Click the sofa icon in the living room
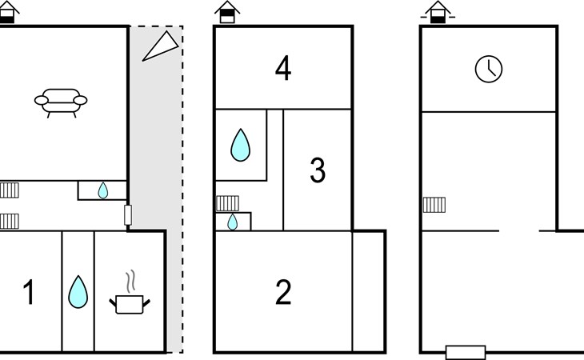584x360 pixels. tap(61, 102)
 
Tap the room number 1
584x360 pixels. tap(29, 294)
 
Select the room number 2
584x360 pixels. tap(283, 294)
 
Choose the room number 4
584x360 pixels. tap(282, 69)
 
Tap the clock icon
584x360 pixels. tap(488, 69)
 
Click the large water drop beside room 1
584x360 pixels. tap(78, 292)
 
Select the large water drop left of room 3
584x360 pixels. tap(240, 145)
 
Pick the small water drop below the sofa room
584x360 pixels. tap(102, 190)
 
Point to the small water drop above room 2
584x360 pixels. tap(232, 222)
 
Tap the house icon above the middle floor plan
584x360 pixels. tap(227, 11)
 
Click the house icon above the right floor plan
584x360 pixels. tap(437, 11)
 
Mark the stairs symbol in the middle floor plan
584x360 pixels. tap(227, 203)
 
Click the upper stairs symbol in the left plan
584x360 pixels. tap(10, 190)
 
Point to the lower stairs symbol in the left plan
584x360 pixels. tap(9, 220)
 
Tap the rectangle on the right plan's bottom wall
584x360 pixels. tap(466, 352)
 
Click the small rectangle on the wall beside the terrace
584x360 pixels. tap(128, 215)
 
